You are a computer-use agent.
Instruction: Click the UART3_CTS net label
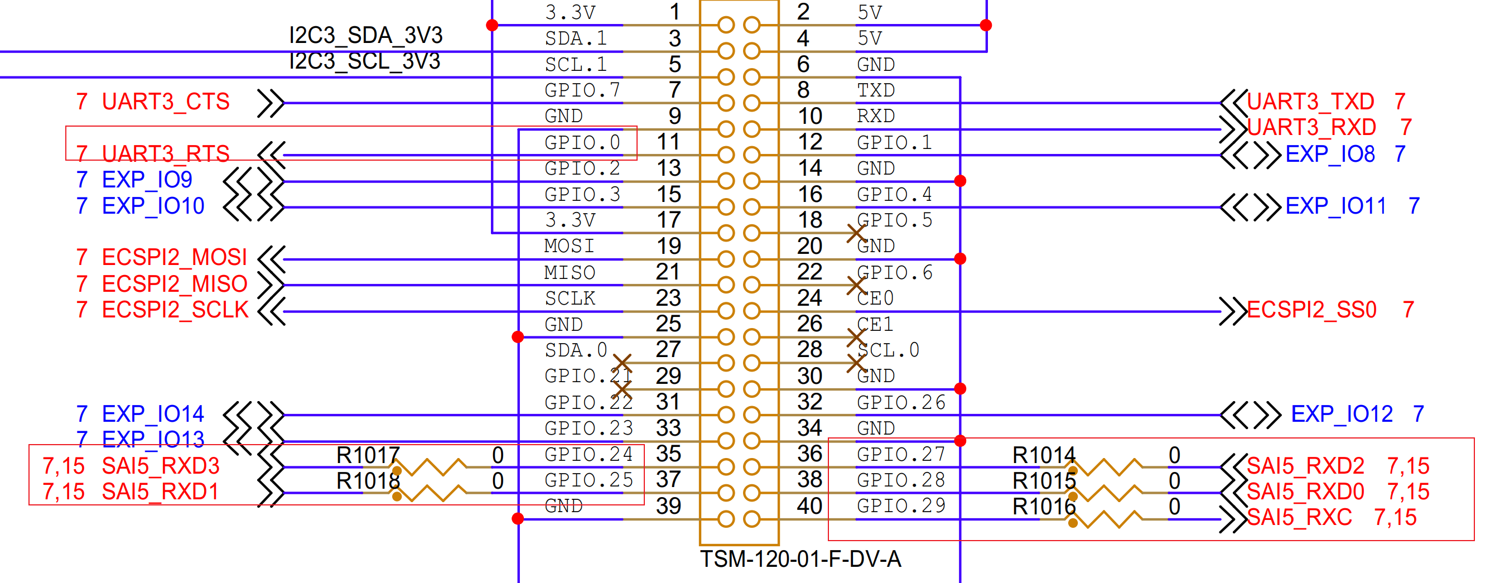click(x=166, y=102)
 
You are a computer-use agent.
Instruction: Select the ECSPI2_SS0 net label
click(x=1311, y=310)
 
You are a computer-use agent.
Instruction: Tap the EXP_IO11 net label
click(x=1335, y=205)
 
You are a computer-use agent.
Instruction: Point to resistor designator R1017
click(x=368, y=455)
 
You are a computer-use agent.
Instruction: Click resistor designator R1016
click(x=1044, y=507)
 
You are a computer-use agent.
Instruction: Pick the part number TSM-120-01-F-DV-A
click(x=800, y=558)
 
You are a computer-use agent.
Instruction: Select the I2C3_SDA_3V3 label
click(x=365, y=35)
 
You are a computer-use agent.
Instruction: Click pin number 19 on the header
click(x=669, y=245)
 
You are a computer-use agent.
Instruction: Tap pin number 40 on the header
click(x=809, y=506)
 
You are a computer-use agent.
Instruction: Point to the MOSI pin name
click(x=570, y=245)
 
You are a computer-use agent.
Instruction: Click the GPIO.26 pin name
click(x=901, y=402)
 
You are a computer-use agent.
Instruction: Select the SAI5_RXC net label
click(x=1299, y=517)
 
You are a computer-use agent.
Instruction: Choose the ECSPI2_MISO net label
click(x=174, y=284)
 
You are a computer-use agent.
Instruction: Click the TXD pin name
click(x=876, y=90)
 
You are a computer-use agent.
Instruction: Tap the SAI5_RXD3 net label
click(x=161, y=466)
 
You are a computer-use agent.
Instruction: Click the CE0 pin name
click(x=875, y=298)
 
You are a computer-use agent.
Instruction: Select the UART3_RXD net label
click(x=1311, y=127)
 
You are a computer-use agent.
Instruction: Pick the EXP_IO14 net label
click(x=153, y=413)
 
